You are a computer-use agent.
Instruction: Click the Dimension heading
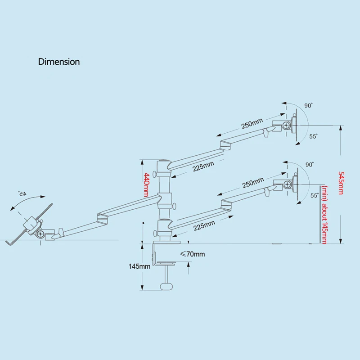[x=59, y=62]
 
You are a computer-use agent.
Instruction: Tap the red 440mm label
[x=147, y=185]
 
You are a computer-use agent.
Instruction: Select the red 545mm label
[x=341, y=183]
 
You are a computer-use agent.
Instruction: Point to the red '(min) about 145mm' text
[x=324, y=215]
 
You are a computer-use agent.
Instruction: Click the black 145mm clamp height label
[x=139, y=266]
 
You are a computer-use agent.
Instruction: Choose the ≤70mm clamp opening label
[x=193, y=254]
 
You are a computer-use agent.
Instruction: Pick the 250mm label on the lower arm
[x=253, y=183]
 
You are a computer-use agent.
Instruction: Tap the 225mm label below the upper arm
[x=203, y=166]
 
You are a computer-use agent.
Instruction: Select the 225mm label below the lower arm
[x=204, y=225]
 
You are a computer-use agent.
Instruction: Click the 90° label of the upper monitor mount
[x=308, y=106]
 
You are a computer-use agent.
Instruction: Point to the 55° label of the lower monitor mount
[x=315, y=195]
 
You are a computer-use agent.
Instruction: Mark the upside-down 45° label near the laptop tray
[x=22, y=193]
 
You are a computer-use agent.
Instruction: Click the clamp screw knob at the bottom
[x=166, y=287]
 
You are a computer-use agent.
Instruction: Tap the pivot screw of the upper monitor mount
[x=286, y=125]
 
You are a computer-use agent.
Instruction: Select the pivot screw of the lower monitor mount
[x=288, y=184]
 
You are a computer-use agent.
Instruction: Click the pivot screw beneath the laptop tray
[x=40, y=234]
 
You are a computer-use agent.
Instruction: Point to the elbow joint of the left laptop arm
[x=103, y=219]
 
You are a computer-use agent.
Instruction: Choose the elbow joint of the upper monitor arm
[x=225, y=145]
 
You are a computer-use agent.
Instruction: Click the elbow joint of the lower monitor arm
[x=226, y=205]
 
